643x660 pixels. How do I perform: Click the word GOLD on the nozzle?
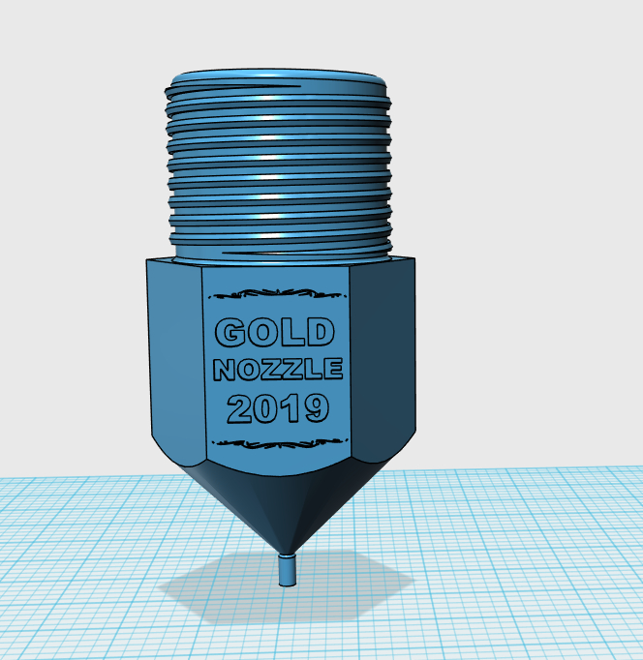[x=275, y=332]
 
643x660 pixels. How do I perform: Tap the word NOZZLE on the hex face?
[x=278, y=369]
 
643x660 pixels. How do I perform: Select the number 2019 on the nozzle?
[x=278, y=408]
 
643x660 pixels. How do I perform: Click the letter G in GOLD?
[x=230, y=333]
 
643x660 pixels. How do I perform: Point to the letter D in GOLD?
[x=320, y=332]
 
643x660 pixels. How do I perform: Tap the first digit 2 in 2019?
[x=240, y=408]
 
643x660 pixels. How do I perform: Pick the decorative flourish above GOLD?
[x=278, y=293]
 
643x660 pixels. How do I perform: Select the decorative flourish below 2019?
[x=280, y=443]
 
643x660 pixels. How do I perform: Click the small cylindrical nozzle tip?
[x=288, y=570]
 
